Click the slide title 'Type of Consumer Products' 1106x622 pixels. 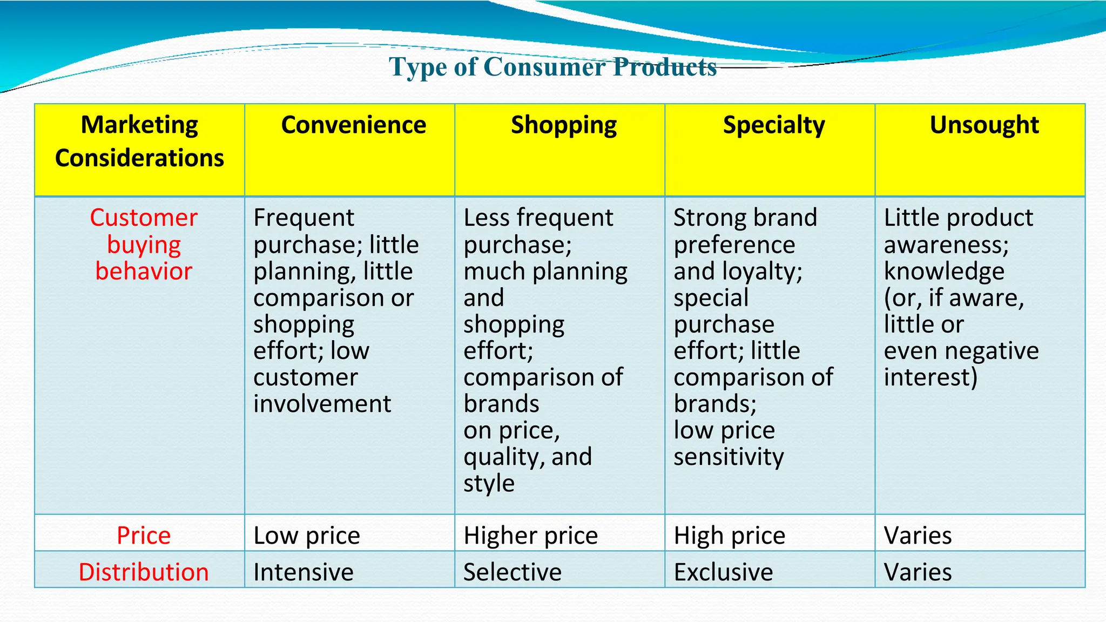pos(552,67)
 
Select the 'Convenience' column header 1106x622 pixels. pos(353,125)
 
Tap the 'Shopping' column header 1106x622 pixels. pos(564,125)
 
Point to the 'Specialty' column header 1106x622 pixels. pos(774,125)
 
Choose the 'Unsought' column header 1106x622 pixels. pos(984,125)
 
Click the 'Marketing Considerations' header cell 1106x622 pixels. pos(140,141)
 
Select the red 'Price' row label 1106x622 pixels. pos(144,536)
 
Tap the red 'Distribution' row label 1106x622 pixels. pos(144,572)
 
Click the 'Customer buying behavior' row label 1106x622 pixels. pos(144,245)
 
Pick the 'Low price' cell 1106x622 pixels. pos(307,536)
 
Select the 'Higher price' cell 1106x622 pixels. pos(530,536)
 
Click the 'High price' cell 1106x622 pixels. pos(729,536)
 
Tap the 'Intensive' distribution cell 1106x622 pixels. pos(304,572)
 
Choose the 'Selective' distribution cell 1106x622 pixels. pos(512,572)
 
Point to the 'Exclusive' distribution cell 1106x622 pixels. pos(723,572)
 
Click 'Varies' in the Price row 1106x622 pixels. pos(918,536)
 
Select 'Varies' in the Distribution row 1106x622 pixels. pos(918,572)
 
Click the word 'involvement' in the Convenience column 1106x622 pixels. pos(322,404)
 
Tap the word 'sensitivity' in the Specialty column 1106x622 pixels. pos(729,457)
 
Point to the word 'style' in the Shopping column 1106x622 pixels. pos(489,483)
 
